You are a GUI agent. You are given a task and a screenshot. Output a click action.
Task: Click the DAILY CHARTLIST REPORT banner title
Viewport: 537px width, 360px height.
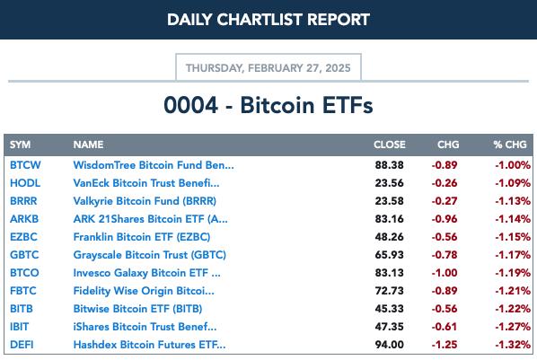pos(268,20)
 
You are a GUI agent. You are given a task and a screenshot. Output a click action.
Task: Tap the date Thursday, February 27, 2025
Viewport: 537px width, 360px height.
pos(268,68)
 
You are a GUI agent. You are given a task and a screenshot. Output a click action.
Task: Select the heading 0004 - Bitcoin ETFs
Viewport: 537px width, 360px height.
pos(268,105)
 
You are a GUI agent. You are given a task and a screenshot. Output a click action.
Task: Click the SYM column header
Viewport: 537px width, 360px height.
pos(21,145)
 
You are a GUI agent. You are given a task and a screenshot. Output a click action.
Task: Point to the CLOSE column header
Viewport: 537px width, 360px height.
pos(390,145)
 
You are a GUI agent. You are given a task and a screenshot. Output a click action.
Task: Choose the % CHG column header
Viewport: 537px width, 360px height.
pos(510,145)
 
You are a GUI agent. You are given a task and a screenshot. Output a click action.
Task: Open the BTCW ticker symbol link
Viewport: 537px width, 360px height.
pos(25,165)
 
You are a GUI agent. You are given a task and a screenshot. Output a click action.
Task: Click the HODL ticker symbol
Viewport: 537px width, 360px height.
pos(25,183)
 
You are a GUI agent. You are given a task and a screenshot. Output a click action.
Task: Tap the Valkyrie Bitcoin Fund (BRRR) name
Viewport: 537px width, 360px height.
pos(145,201)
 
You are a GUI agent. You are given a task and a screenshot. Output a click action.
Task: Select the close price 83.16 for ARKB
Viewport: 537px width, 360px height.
pos(390,219)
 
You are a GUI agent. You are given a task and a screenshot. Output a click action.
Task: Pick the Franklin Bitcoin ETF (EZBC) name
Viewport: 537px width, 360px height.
pos(142,237)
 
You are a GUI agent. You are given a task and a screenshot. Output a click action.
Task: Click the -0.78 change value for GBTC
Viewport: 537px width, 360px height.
pos(445,255)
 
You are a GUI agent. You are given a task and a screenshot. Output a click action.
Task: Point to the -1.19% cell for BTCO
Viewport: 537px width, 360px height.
pos(513,273)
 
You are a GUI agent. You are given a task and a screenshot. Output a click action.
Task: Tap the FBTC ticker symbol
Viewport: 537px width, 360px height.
pos(23,291)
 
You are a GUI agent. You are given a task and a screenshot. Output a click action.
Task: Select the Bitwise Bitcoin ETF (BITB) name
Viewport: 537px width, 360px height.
pos(137,309)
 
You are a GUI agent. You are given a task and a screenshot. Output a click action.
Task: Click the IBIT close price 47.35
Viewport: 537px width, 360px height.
pos(390,327)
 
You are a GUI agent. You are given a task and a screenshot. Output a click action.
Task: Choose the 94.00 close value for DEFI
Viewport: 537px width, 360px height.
pos(390,345)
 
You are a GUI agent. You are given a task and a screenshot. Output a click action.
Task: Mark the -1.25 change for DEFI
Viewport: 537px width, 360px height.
pos(445,345)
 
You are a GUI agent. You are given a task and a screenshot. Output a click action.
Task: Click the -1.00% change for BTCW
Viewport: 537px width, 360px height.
pos(513,165)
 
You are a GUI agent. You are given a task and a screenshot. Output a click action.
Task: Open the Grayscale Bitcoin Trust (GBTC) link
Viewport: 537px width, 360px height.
pos(150,255)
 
